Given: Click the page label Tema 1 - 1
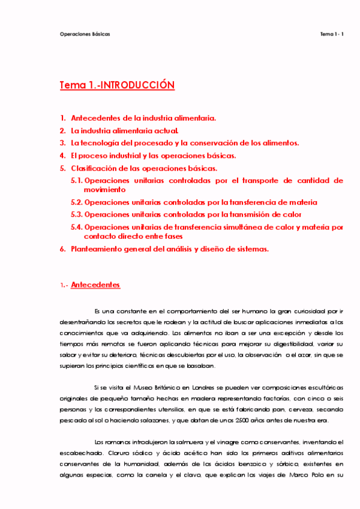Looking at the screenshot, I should point(332,34).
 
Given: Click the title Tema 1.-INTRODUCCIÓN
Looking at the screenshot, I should point(117,85).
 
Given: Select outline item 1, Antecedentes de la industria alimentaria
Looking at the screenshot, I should point(143,118).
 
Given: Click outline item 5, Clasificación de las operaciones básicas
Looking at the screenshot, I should point(157,168).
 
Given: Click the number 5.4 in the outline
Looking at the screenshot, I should point(76,227).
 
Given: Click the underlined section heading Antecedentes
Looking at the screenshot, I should point(95,285).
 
